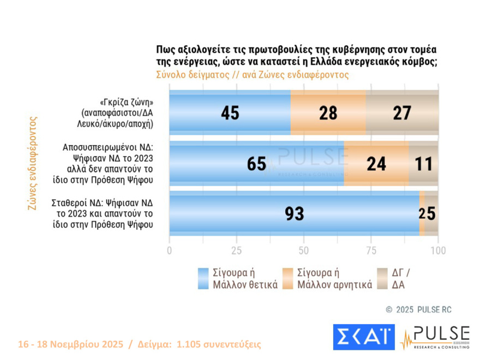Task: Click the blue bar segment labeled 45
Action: pyautogui.click(x=230, y=113)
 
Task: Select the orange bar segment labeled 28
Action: pyautogui.click(x=328, y=113)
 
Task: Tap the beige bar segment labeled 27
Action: pyautogui.click(x=402, y=113)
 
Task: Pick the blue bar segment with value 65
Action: pyautogui.click(x=256, y=164)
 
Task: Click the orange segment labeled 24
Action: pyautogui.click(x=376, y=164)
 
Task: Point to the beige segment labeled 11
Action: pyautogui.click(x=423, y=164)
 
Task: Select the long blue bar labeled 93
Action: pyautogui.click(x=294, y=214)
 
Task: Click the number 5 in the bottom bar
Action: pyautogui.click(x=431, y=214)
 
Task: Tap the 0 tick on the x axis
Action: pyautogui.click(x=170, y=251)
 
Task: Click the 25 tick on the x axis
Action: pyautogui.click(x=237, y=251)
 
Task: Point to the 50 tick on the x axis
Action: pyautogui.click(x=304, y=251)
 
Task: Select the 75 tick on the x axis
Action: pyautogui.click(x=371, y=251)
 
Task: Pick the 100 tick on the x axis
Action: pyautogui.click(x=438, y=251)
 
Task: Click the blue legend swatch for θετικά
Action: pyautogui.click(x=203, y=278)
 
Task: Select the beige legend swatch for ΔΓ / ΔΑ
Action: pyautogui.click(x=383, y=278)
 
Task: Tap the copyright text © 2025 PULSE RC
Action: pyautogui.click(x=418, y=309)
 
